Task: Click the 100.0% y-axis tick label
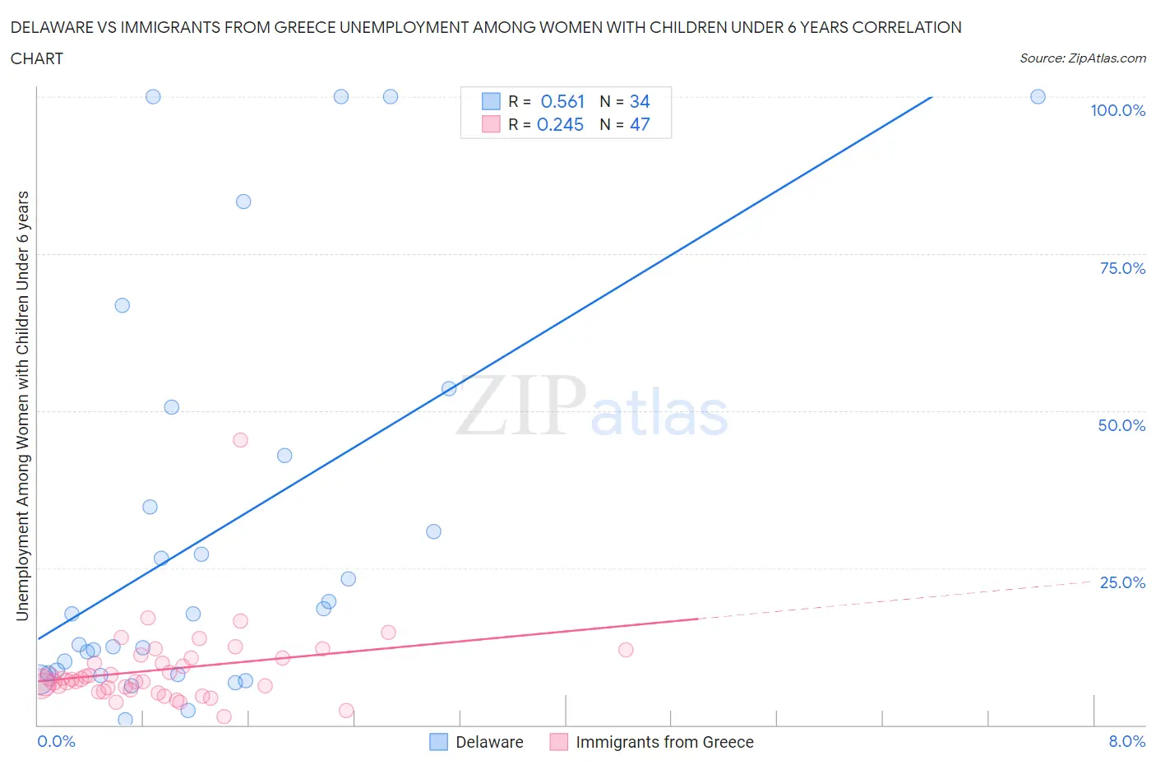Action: (x=1117, y=110)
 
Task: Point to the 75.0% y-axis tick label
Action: (x=1122, y=268)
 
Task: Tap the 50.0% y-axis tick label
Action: (x=1121, y=425)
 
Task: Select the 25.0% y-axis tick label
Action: (x=1122, y=582)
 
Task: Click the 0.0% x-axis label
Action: (x=56, y=741)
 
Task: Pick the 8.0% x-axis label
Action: (x=1126, y=741)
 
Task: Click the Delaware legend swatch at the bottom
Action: (x=439, y=742)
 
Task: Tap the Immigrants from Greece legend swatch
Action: (x=559, y=742)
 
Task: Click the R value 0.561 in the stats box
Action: (x=562, y=101)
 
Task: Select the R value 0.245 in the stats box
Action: (x=560, y=124)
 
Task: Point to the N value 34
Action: (x=640, y=101)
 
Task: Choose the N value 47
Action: (x=640, y=124)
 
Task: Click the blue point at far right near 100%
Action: (x=1038, y=97)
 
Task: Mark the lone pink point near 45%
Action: (x=240, y=440)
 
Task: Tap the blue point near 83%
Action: (x=243, y=202)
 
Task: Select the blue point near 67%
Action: (x=122, y=305)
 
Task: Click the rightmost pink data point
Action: (x=626, y=650)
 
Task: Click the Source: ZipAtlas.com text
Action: (x=1082, y=58)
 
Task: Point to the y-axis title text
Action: (x=22, y=406)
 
